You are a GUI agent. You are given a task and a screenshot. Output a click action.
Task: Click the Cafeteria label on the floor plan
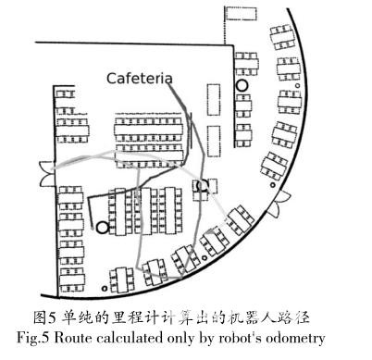(139, 79)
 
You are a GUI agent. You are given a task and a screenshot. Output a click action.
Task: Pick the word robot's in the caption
(242, 337)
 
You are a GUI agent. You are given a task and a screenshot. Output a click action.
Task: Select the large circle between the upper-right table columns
(242, 85)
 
